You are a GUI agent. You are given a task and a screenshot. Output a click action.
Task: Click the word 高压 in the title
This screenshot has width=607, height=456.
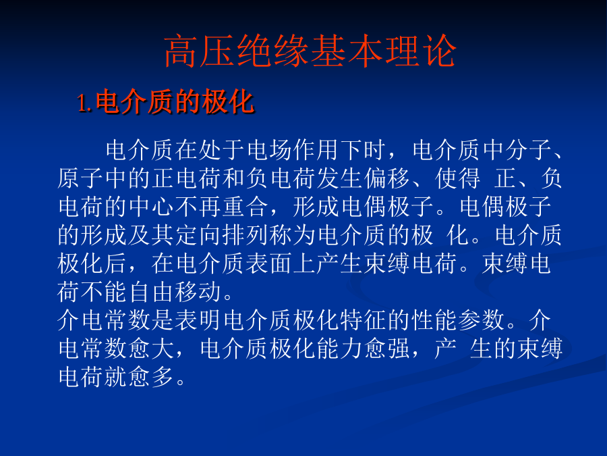[x=200, y=51]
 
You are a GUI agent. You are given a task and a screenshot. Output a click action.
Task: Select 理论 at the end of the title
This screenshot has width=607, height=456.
[x=420, y=51]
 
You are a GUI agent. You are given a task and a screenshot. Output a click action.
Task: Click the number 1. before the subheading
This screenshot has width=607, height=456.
[x=85, y=104]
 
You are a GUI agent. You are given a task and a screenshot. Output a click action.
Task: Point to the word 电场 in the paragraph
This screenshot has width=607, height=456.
[x=270, y=150]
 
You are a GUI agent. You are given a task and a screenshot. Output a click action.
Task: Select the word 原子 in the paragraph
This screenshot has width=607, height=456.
[x=80, y=178]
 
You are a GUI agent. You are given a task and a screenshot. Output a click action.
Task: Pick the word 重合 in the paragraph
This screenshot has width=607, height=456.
[x=245, y=207]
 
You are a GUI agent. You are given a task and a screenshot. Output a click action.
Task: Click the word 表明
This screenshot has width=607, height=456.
[x=198, y=320]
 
